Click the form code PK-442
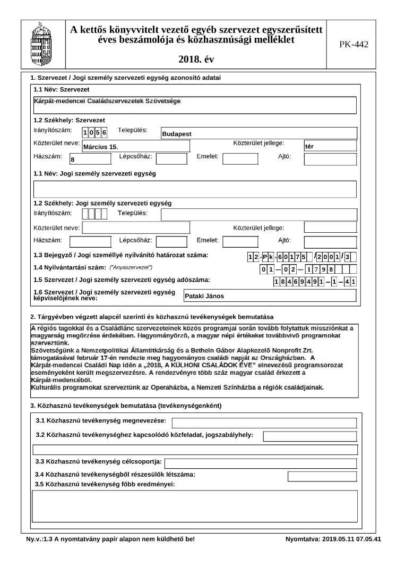tap(354, 44)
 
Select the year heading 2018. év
tap(197, 58)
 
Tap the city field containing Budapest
tap(259, 133)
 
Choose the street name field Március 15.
tap(136, 146)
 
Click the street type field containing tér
tap(330, 146)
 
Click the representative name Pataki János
tap(270, 296)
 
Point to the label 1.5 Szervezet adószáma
tap(122, 280)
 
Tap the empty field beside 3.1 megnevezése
tap(264, 423)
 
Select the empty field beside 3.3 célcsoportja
tap(260, 463)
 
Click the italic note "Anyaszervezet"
tap(131, 267)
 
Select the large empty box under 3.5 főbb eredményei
tap(194, 506)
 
